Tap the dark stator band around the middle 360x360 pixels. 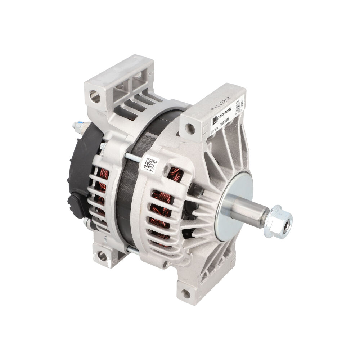pyautogui.click(x=126, y=202)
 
